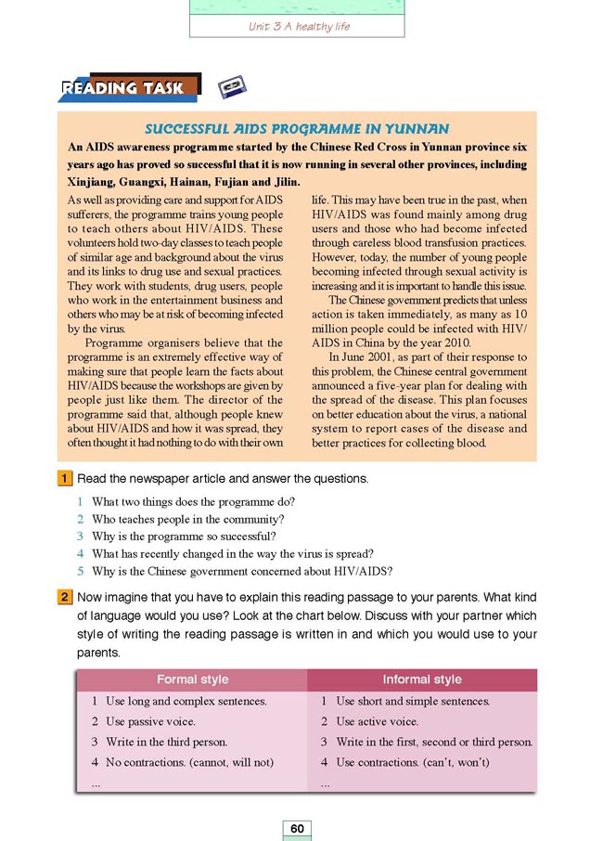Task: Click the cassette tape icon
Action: coord(232,88)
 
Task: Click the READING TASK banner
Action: coord(128,89)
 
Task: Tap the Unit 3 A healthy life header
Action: coord(299,26)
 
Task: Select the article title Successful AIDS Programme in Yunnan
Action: coord(298,129)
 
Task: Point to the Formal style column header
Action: coord(189,679)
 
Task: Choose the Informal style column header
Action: coord(422,679)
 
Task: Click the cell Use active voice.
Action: coord(377,721)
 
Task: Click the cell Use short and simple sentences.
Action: coord(413,701)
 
